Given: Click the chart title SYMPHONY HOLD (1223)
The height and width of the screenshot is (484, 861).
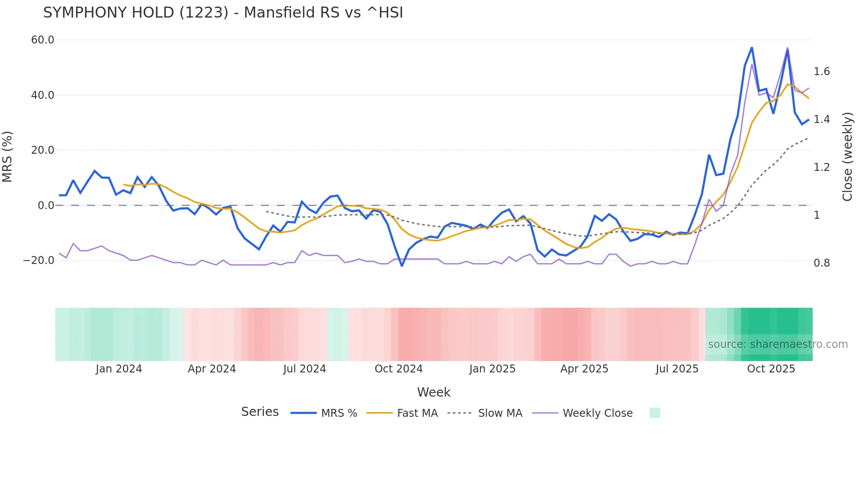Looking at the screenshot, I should point(223,13).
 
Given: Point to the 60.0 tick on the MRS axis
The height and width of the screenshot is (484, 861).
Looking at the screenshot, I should point(43,40).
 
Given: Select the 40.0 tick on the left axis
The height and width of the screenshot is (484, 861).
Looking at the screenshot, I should point(43,95).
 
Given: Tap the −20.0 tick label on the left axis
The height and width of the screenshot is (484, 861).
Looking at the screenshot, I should point(39,260).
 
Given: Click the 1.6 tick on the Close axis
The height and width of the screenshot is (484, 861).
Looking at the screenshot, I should point(821,72).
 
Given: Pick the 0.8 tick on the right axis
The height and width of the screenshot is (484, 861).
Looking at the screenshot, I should point(821,263).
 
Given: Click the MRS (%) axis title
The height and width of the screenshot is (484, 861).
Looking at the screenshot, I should point(7,156).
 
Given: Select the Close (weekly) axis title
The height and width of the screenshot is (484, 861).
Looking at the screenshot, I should point(847,156).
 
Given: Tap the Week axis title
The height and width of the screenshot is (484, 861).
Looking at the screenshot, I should point(434,392).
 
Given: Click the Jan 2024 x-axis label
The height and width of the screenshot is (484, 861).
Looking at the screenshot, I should point(119,369).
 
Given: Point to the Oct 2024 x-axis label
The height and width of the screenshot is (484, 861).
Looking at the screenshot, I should point(398,369).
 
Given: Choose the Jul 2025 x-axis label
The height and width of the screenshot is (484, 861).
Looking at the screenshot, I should point(677,369).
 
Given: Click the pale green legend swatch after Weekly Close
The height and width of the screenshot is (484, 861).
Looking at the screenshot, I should point(655,413).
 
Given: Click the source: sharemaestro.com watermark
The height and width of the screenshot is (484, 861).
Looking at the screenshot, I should point(778,344).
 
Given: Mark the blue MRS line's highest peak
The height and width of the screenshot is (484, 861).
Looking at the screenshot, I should point(752,47).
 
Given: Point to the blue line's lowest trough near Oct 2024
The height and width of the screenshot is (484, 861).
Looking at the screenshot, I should point(402,266).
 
